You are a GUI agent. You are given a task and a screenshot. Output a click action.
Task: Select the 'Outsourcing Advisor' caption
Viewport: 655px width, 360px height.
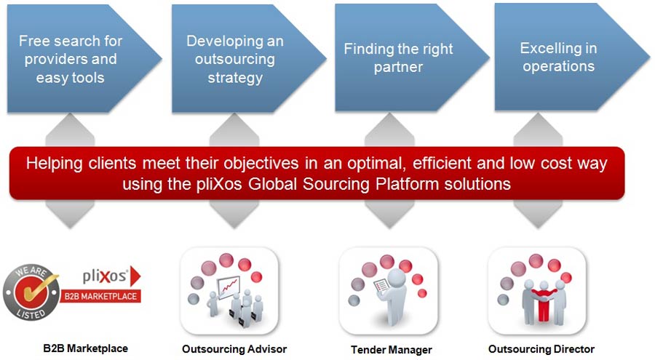pyautogui.click(x=234, y=349)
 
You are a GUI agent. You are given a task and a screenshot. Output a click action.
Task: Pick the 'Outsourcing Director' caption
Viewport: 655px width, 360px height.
pyautogui.click(x=541, y=349)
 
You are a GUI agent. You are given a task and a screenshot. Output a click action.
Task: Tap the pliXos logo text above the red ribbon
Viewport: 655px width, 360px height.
pyautogui.click(x=105, y=277)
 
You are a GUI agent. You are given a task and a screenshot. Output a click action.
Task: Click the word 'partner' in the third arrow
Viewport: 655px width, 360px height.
pyautogui.click(x=398, y=68)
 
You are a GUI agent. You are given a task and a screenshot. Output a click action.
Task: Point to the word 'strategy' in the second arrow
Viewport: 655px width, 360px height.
pyautogui.click(x=234, y=78)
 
